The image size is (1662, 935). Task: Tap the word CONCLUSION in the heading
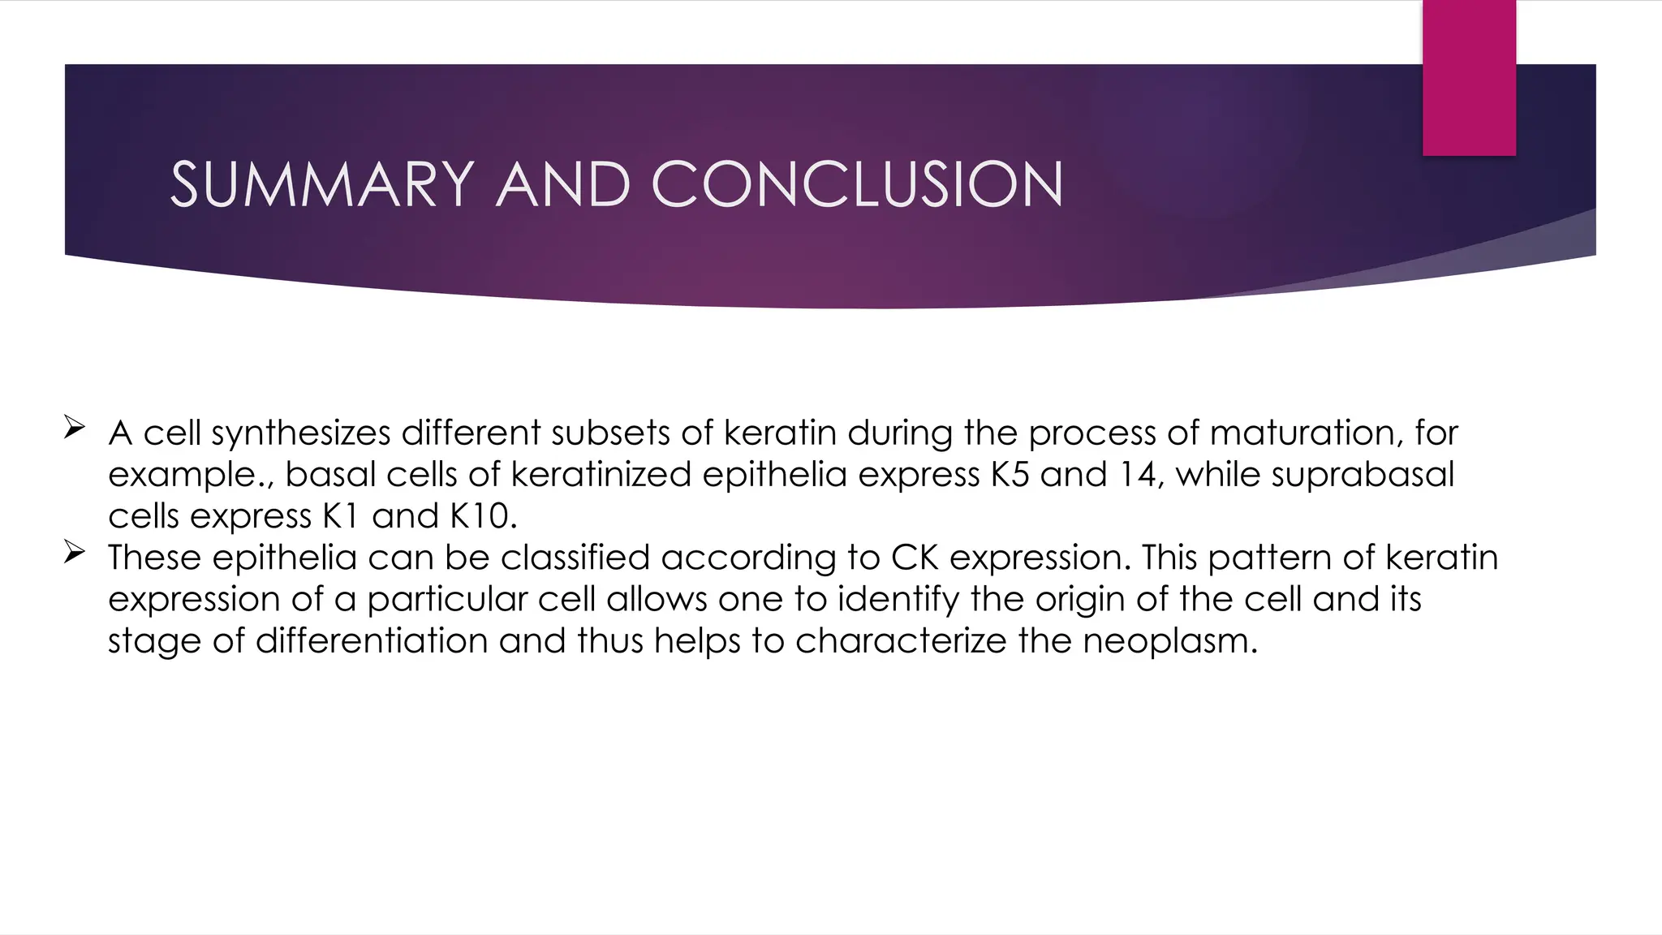(857, 184)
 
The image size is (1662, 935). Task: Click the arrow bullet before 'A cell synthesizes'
(74, 428)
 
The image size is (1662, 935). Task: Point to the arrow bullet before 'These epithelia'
(74, 554)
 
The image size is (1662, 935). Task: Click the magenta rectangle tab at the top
(1469, 77)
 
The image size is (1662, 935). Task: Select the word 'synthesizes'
(301, 433)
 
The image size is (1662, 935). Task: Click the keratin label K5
(1010, 475)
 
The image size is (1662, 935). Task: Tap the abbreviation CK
(915, 558)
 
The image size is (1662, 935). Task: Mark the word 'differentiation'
(372, 641)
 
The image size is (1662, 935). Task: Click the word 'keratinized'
(601, 475)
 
